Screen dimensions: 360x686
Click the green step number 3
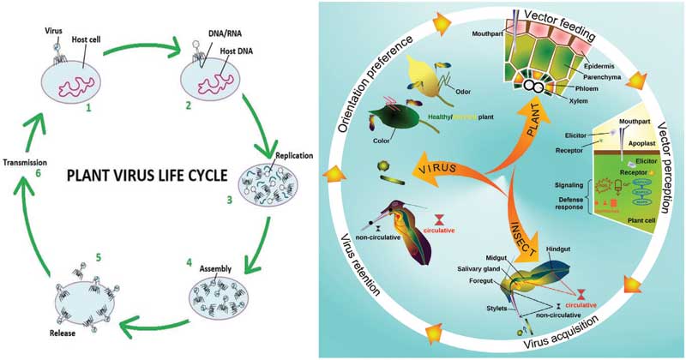pyautogui.click(x=228, y=200)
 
